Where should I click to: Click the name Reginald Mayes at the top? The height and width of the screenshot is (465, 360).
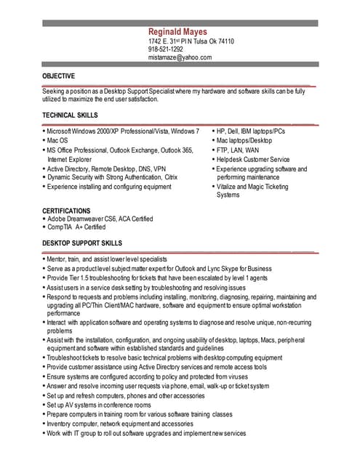pos(177,32)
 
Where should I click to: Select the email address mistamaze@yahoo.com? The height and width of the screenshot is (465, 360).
pos(180,57)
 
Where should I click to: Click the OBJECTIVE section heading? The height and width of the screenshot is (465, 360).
pos(59,76)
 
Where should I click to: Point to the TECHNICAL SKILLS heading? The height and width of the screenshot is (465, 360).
pos(70,116)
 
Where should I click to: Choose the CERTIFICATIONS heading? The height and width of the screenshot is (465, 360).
pos(66,210)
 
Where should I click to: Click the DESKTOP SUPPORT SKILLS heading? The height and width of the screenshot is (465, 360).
pos(82,243)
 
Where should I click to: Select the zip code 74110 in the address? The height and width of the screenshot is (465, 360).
pos(225,41)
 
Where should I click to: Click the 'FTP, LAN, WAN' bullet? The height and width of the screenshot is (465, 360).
pos(237,150)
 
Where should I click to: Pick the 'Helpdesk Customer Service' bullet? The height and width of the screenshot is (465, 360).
pos(253,159)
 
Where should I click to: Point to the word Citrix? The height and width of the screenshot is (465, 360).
pos(171,177)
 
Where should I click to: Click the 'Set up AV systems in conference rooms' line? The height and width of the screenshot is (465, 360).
pos(102,405)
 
